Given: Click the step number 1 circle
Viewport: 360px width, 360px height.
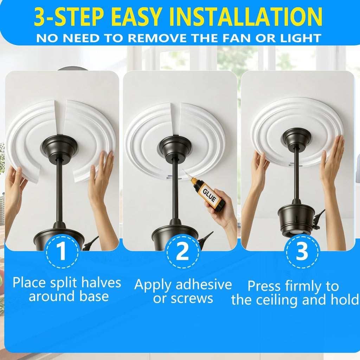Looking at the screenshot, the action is point(62,252).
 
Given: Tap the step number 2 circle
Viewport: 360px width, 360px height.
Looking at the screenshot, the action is point(182,252).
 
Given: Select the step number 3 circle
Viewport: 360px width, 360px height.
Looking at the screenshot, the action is point(301,252).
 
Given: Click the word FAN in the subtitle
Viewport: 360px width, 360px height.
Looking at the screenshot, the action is point(237,38).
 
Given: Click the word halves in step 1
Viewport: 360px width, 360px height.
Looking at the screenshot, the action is point(101,282).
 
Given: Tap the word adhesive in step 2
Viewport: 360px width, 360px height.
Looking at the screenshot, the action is point(204,285).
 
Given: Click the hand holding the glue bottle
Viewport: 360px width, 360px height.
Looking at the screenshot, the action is point(221,209).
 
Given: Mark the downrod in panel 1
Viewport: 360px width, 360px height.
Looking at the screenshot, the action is point(59,190).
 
